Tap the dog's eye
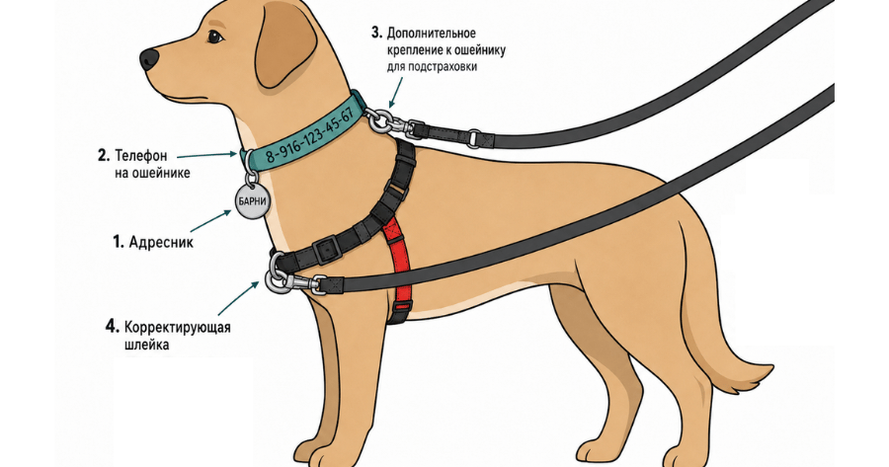click(215, 38)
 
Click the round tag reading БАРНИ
click(252, 201)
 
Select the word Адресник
click(161, 243)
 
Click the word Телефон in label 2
click(141, 155)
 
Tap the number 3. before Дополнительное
click(376, 33)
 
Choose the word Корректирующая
click(178, 328)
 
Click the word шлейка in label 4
click(146, 344)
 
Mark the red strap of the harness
click(400, 262)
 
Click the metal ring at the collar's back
click(376, 120)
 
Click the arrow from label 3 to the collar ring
click(396, 93)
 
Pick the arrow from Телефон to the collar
click(207, 155)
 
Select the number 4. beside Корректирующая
click(113, 327)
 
